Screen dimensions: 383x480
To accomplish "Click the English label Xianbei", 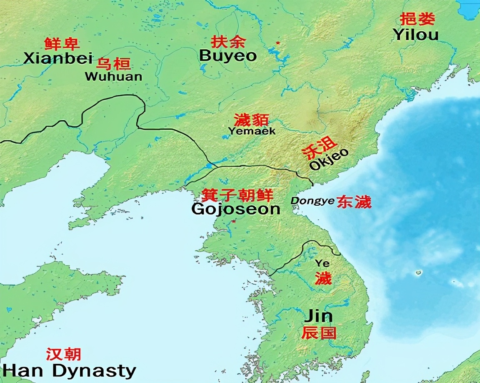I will (x=58, y=58).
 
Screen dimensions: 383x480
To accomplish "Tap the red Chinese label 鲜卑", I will (x=62, y=43).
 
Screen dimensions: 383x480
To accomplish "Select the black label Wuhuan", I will (x=113, y=77).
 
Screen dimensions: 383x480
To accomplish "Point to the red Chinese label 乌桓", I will (x=113, y=64).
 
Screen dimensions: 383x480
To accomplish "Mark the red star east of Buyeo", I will (x=278, y=43).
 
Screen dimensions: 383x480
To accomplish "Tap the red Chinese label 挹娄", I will (x=417, y=19).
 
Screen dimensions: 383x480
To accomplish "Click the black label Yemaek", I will (x=252, y=131).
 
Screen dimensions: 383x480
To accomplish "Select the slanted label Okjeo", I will (x=329, y=159).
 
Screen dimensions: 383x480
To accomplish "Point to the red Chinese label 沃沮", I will (x=319, y=147).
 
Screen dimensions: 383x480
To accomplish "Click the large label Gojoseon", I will (x=235, y=209).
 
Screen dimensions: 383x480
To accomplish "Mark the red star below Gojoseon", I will (x=234, y=221).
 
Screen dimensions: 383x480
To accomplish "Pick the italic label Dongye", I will (x=312, y=201).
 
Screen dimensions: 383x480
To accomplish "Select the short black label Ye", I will (x=322, y=263).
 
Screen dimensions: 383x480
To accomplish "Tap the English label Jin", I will (x=318, y=316).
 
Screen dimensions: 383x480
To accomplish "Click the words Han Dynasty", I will (x=69, y=370).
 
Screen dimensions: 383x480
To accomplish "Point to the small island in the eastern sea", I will (x=418, y=273).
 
